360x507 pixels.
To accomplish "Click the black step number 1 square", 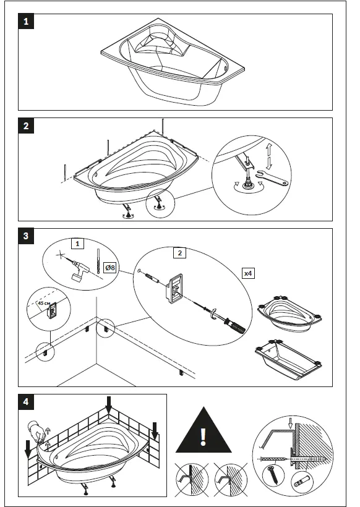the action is pos(26,22).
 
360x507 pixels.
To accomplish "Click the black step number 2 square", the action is pos(26,126).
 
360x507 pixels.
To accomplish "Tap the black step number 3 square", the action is pos(26,236).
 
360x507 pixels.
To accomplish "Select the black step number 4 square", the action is pos(26,402).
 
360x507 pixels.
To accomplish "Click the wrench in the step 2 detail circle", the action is pos(271,177).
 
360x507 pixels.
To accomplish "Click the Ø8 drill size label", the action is pos(109,268).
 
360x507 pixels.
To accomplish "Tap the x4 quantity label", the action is pos(248,273).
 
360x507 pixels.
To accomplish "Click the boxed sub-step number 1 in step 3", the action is pos(77,244).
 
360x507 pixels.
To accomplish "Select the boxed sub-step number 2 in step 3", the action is pos(180,252).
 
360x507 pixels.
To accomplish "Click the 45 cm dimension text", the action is pos(44,304).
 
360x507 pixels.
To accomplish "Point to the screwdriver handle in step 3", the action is pos(236,327).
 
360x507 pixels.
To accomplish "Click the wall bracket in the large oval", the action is pos(174,288).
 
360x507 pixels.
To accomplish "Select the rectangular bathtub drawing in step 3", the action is pos(288,359).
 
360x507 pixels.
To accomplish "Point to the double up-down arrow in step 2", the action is pos(269,157).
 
